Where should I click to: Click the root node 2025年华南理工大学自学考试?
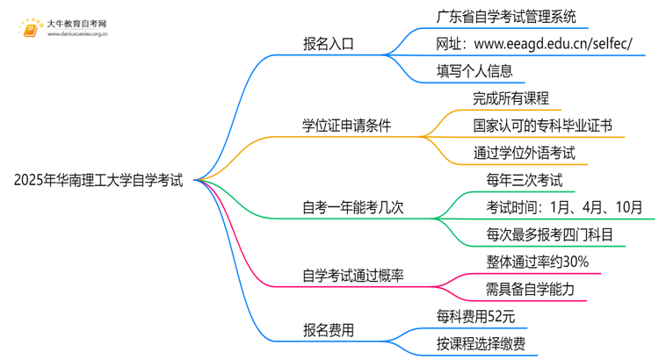point(99,181)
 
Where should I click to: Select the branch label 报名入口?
point(328,43)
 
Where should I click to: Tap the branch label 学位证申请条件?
point(346,126)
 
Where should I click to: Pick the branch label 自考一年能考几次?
point(352,208)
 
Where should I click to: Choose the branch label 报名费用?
point(328,331)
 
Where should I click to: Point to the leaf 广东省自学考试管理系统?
point(506,16)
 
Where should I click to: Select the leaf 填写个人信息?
point(474,70)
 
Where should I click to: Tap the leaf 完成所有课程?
point(511,98)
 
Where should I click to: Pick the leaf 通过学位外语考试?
point(524,153)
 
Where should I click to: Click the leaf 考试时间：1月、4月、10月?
point(563,208)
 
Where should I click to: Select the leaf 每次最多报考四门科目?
point(549,235)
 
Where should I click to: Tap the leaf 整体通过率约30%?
point(537,263)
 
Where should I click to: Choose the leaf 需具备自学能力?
point(530,290)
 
